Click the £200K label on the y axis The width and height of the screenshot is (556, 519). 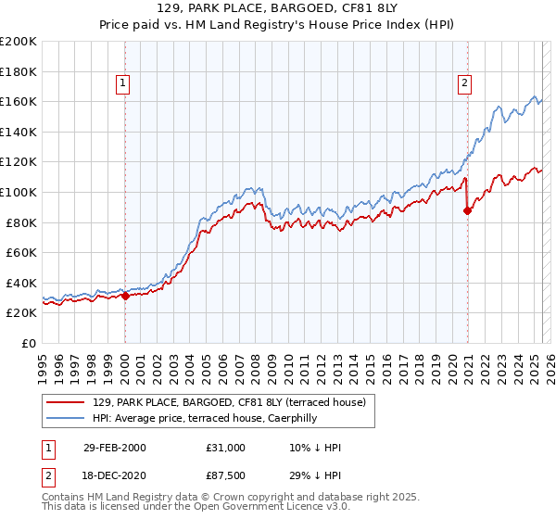[19, 42]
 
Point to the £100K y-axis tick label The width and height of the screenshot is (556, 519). [19, 192]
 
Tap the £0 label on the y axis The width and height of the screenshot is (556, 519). [30, 343]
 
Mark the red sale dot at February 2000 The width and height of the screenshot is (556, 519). [125, 297]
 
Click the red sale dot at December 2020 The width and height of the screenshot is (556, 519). [467, 211]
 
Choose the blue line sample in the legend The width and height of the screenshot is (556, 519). [65, 418]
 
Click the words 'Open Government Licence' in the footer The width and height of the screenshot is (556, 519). [267, 507]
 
